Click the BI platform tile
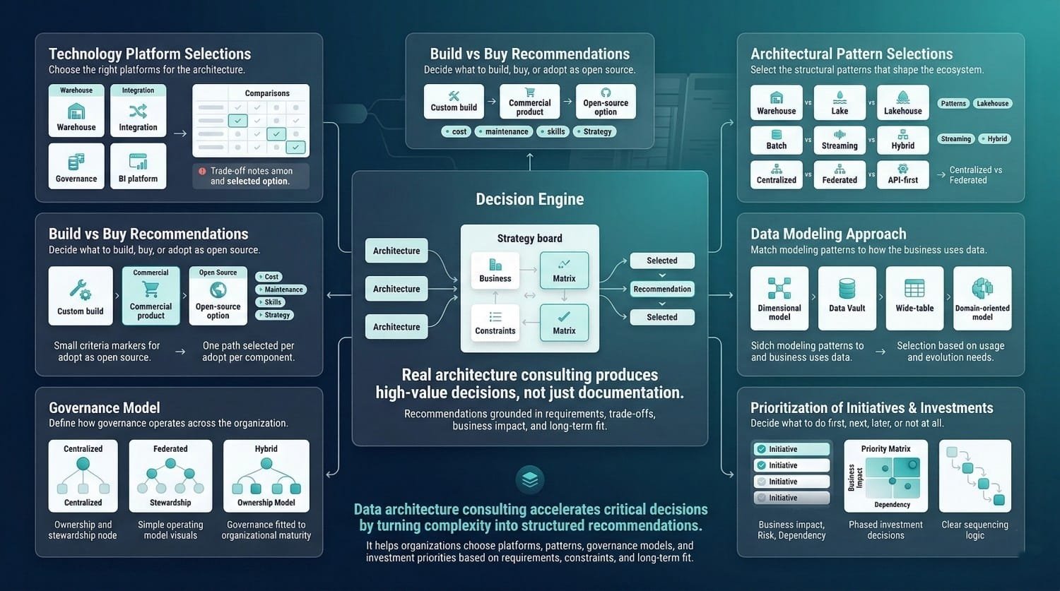(138, 167)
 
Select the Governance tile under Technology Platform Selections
(76, 167)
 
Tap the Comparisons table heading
(267, 93)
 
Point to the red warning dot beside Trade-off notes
(202, 171)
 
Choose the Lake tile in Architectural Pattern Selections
(840, 103)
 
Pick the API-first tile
(902, 174)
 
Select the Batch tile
(776, 139)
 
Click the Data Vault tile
(847, 298)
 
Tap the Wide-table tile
(914, 298)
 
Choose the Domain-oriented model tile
(982, 298)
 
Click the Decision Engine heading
(530, 199)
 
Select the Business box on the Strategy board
(495, 270)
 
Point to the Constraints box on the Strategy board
(495, 323)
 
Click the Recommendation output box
(662, 289)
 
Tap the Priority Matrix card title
(885, 449)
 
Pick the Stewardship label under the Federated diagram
(170, 503)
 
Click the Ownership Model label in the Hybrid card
(266, 503)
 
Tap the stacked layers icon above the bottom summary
(530, 479)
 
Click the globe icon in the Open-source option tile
(218, 289)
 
